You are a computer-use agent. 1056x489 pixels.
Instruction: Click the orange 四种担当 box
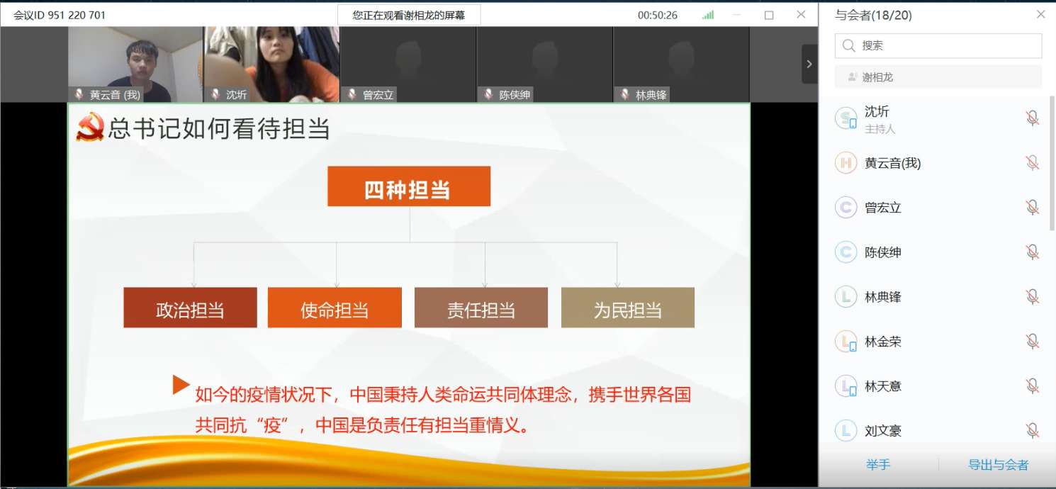[409, 186]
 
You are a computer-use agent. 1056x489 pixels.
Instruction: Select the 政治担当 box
[190, 308]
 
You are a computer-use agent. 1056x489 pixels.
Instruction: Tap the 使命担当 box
[335, 308]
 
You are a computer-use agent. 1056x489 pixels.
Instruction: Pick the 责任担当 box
[481, 308]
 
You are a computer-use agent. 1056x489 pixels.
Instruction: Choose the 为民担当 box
[627, 308]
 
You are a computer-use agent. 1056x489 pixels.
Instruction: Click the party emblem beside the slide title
[89, 127]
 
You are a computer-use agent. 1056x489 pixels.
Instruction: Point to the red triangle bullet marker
[181, 385]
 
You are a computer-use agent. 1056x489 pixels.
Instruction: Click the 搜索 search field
[938, 46]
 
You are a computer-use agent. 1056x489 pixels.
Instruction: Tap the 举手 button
[878, 465]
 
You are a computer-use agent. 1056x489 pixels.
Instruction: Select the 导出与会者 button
[998, 465]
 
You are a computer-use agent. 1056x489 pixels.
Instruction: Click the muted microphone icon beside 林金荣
[1032, 342]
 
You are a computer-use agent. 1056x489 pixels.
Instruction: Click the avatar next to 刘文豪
[846, 430]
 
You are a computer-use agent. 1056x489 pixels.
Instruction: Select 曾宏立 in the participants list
[882, 208]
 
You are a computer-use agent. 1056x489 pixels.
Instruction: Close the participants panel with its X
[1040, 15]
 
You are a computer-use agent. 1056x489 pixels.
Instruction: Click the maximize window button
[769, 16]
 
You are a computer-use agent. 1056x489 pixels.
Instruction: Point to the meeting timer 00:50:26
[657, 16]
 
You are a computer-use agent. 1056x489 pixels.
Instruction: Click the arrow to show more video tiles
[809, 64]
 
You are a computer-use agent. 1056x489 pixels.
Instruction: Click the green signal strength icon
[708, 15]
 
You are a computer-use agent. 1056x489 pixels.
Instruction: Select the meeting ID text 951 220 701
[77, 15]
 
